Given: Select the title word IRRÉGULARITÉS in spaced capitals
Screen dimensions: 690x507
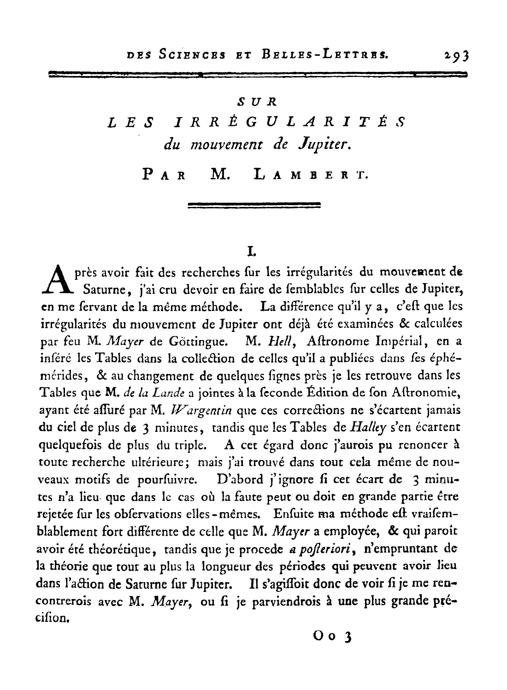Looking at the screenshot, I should tap(289, 122).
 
